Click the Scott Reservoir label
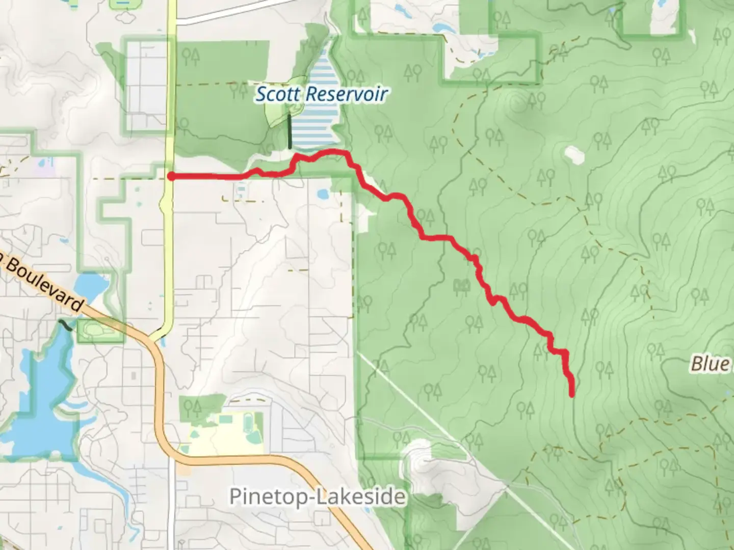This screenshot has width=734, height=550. pyautogui.click(x=321, y=94)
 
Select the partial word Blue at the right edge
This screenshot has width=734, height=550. pyautogui.click(x=711, y=364)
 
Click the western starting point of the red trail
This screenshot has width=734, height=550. pyautogui.click(x=172, y=176)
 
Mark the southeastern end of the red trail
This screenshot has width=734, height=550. pyautogui.click(x=572, y=394)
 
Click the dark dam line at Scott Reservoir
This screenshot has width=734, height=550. pyautogui.click(x=290, y=131)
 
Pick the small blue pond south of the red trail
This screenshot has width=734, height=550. pyautogui.click(x=322, y=194)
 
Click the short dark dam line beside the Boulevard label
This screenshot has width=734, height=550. pyautogui.click(x=65, y=324)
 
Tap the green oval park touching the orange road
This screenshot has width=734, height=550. pyautogui.click(x=92, y=329)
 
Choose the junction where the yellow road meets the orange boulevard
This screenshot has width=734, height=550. pyautogui.click(x=155, y=338)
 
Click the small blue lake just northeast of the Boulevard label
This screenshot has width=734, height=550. pyautogui.click(x=91, y=285)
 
